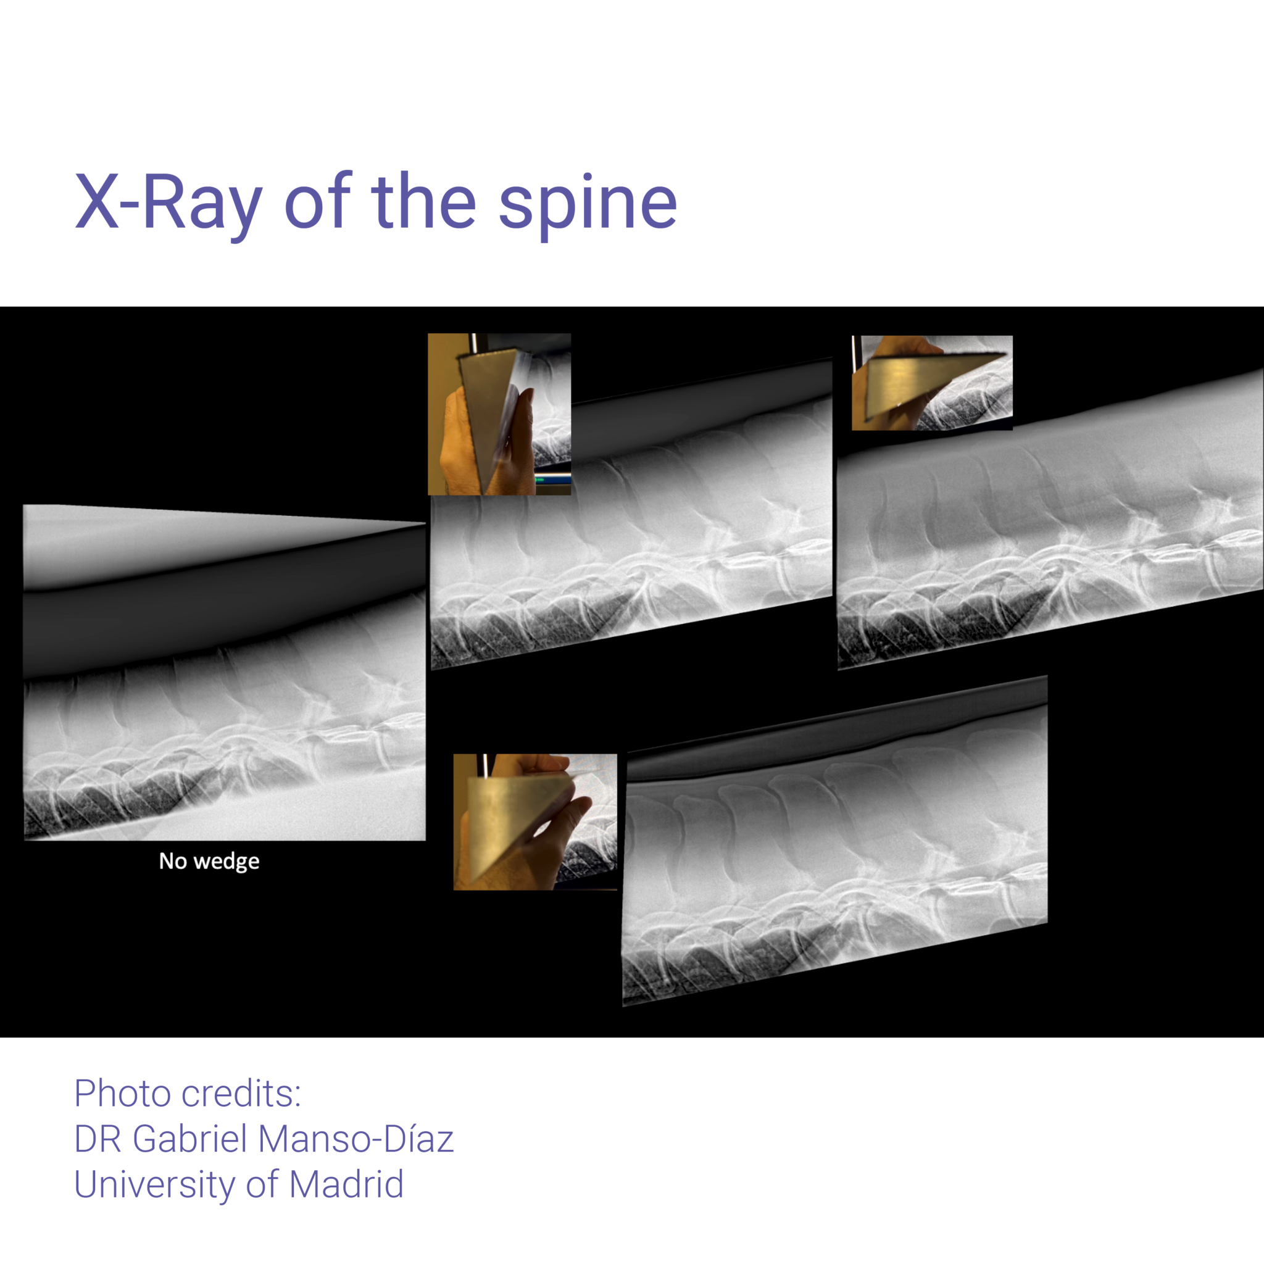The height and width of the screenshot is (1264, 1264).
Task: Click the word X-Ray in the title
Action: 168,202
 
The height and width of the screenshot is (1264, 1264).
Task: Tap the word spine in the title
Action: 588,204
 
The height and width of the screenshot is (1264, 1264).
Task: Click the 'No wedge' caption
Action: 209,861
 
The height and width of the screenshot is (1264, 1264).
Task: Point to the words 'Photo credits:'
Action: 188,1093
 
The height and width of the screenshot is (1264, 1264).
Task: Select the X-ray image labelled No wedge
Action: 225,673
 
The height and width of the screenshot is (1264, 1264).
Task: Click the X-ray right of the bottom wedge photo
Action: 835,841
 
